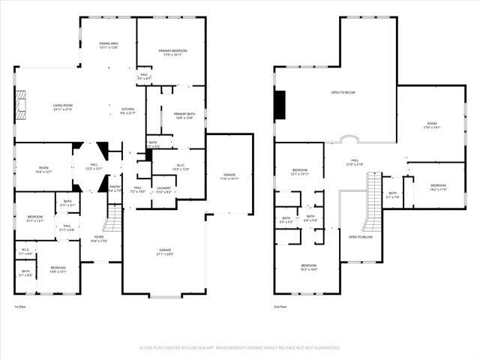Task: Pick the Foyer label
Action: click(x=99, y=238)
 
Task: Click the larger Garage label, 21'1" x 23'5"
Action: click(x=164, y=252)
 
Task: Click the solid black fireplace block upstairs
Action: click(x=280, y=104)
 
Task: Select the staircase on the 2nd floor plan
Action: click(x=371, y=201)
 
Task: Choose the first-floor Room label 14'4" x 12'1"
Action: click(x=43, y=169)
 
